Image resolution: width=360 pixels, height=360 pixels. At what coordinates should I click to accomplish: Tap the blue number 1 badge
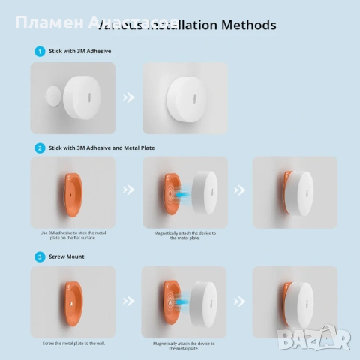(x=40, y=52)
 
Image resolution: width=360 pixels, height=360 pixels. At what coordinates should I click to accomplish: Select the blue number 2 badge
(x=40, y=148)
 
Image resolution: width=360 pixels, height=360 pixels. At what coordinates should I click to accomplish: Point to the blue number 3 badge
(x=40, y=256)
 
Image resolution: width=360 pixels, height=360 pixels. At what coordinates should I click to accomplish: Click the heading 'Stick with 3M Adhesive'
(x=79, y=52)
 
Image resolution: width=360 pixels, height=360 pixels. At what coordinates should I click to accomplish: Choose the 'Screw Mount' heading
(x=68, y=256)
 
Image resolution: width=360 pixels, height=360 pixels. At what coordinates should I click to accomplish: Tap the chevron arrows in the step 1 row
(x=128, y=97)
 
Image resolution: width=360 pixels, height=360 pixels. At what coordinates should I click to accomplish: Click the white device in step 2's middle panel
(x=203, y=191)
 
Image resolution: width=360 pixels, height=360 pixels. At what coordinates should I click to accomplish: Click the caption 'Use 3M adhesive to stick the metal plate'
(x=73, y=235)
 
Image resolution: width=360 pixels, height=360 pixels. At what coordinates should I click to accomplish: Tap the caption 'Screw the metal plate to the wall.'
(x=73, y=343)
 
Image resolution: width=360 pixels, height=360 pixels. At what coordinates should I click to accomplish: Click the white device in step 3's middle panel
(x=203, y=301)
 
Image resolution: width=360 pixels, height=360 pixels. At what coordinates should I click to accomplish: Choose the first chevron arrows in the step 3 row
(x=128, y=301)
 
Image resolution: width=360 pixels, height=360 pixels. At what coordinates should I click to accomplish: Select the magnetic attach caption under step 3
(x=184, y=345)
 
